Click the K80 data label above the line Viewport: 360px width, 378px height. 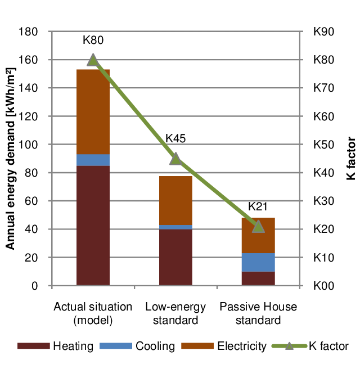pyautogui.click(x=93, y=40)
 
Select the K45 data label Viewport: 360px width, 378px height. pyautogui.click(x=175, y=139)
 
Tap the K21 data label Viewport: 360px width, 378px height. pyautogui.click(x=258, y=206)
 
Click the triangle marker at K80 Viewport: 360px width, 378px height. pyautogui.click(x=93, y=60)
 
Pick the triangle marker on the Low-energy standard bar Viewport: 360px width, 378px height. pyautogui.click(x=175, y=159)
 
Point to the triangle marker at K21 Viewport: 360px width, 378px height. pyautogui.click(x=258, y=227)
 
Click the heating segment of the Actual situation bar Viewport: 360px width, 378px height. pyautogui.click(x=93, y=225)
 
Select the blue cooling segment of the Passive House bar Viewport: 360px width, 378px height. pyautogui.click(x=258, y=262)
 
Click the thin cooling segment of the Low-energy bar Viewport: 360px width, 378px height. pyautogui.click(x=175, y=227)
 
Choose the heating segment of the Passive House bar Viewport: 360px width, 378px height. pyautogui.click(x=258, y=278)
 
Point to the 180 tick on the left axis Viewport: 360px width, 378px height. pyautogui.click(x=29, y=32)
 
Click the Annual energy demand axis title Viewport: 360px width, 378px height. pyautogui.click(x=10, y=159)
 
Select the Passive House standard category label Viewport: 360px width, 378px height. pyautogui.click(x=258, y=314)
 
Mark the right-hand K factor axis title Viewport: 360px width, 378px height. pyautogui.click(x=350, y=159)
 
